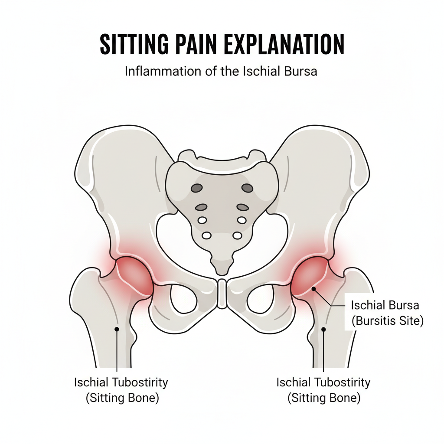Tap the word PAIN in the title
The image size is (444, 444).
click(x=203, y=45)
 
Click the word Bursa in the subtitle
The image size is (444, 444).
click(x=301, y=71)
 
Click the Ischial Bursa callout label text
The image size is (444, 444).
click(x=385, y=305)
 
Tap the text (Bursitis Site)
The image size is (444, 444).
click(x=387, y=322)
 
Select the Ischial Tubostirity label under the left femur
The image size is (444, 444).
click(x=121, y=382)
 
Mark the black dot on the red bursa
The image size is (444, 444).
click(x=313, y=288)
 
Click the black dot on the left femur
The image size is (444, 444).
click(x=116, y=329)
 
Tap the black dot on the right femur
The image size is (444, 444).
click(x=323, y=330)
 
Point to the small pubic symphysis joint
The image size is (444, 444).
click(x=222, y=294)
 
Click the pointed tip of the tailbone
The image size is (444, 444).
click(x=222, y=272)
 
